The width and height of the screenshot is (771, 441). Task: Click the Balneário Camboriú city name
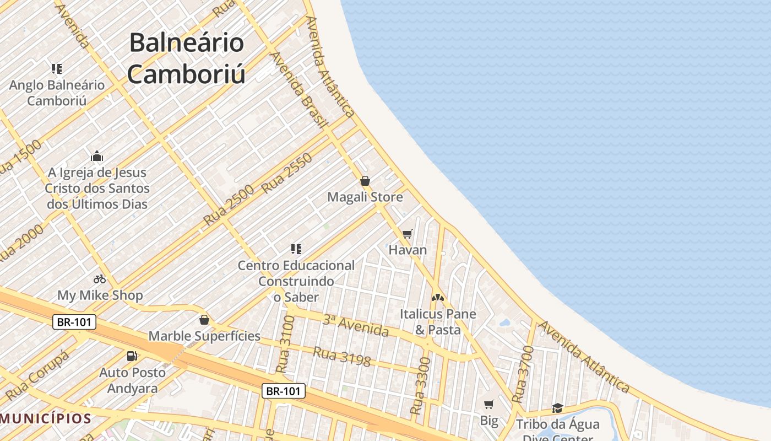[186, 58]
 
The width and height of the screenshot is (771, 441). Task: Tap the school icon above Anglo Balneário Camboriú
[57, 69]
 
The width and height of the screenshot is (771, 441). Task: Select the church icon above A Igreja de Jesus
[97, 157]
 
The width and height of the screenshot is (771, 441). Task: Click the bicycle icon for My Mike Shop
[100, 279]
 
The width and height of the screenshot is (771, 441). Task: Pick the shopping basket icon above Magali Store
[365, 181]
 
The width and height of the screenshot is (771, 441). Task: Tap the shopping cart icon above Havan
[408, 234]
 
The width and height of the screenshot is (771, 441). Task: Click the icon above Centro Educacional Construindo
[296, 249]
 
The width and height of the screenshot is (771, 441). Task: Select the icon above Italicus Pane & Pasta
[438, 298]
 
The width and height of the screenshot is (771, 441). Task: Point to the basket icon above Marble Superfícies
[204, 320]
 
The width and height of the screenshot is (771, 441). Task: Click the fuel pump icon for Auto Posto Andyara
[132, 356]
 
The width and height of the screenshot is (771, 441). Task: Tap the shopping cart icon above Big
[488, 405]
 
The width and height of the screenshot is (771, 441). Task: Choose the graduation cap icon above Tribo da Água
[557, 408]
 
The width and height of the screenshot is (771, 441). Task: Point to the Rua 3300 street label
[421, 386]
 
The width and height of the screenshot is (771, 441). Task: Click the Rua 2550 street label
[286, 173]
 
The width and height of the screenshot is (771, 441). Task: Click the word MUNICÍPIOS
[45, 418]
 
